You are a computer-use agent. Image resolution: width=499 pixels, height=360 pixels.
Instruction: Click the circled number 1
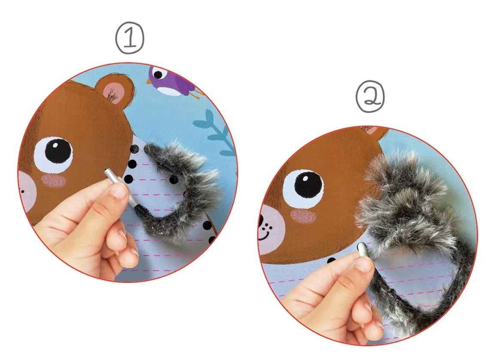pos(129,38)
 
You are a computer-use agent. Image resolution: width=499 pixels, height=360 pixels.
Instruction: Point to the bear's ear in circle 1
pos(114,90)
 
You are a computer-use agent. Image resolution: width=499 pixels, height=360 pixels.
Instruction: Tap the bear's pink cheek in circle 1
pos(54,180)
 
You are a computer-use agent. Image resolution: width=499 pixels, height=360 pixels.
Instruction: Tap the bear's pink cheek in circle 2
pos(303,216)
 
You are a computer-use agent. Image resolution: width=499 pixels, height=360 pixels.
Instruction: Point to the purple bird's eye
pos(158,75)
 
